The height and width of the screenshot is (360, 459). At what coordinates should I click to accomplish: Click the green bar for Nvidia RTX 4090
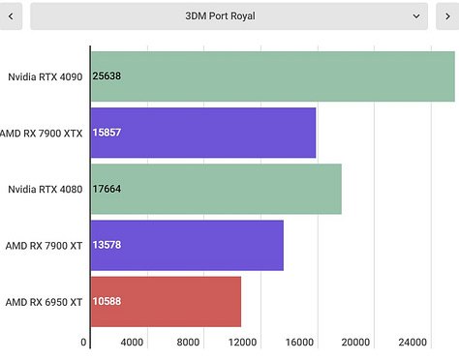(272, 75)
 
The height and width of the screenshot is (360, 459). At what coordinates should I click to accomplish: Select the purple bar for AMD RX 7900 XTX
(203, 132)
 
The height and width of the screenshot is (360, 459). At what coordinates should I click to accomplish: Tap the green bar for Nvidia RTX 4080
(216, 189)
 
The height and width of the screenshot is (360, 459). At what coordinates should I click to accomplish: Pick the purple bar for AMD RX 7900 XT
(187, 245)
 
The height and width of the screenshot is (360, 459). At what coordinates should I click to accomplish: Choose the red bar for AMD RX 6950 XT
(166, 301)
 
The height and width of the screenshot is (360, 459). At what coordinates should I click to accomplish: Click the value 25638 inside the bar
(107, 75)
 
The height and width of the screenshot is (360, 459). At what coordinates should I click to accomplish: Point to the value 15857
(107, 132)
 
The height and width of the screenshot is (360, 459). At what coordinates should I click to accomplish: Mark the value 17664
(107, 189)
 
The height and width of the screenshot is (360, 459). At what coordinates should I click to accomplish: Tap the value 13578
(107, 245)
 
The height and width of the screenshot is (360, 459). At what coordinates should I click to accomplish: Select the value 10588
(107, 301)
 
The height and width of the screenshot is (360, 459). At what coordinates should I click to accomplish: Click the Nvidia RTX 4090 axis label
(45, 75)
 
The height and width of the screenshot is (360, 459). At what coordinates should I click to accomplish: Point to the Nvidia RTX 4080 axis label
(45, 189)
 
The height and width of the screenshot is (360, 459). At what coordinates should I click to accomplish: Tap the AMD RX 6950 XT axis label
(44, 302)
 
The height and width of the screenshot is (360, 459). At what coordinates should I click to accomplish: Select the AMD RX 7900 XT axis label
(44, 245)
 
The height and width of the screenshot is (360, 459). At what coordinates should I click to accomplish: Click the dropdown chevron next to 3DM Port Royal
(416, 15)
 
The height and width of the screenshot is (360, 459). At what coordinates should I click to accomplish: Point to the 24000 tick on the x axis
(413, 343)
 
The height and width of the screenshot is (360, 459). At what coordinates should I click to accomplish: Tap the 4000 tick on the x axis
(133, 343)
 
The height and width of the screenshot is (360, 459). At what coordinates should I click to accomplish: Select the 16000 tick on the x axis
(300, 343)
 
